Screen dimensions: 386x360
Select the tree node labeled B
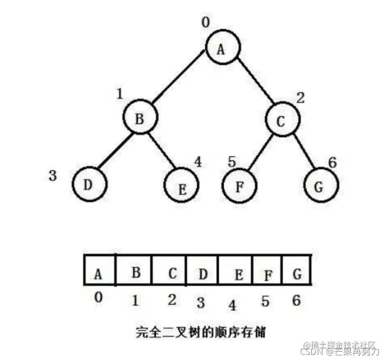pos(139,118)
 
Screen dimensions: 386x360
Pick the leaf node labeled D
pos(89,184)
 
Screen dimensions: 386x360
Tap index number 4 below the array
pos(232,306)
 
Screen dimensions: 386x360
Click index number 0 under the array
pos(98,298)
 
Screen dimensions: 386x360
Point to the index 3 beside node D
pos(53,176)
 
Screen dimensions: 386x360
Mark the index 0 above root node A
pos(206,22)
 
